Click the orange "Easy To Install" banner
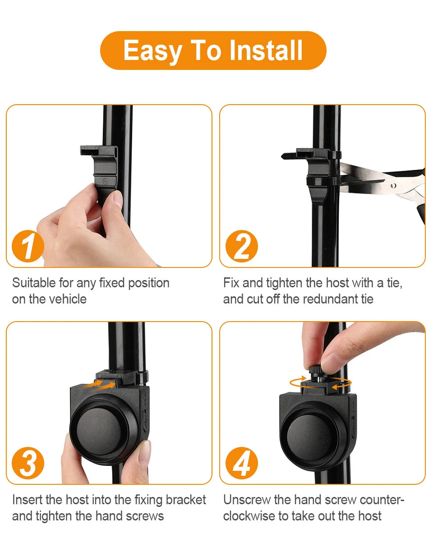pyautogui.click(x=213, y=51)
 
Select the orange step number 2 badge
pyautogui.click(x=242, y=247)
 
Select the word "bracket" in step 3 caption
pyautogui.click(x=186, y=500)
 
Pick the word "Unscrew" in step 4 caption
pyautogui.click(x=247, y=500)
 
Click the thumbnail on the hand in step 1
pyautogui.click(x=116, y=198)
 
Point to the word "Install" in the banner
pyautogui.click(x=266, y=51)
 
